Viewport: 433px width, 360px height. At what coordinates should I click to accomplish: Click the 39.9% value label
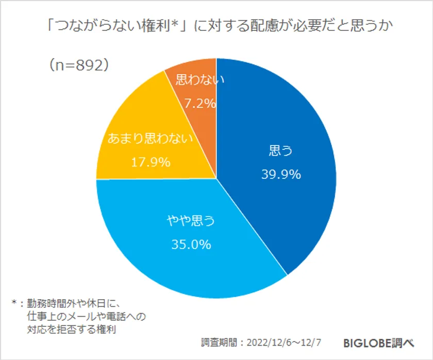pyautogui.click(x=281, y=174)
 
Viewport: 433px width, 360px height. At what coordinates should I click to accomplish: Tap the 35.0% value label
pyautogui.click(x=191, y=244)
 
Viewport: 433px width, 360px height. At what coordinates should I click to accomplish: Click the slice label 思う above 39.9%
pyautogui.click(x=281, y=151)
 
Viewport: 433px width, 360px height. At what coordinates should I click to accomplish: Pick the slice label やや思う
pyautogui.click(x=190, y=221)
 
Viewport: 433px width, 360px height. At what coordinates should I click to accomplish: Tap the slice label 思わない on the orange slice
pyautogui.click(x=196, y=80)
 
